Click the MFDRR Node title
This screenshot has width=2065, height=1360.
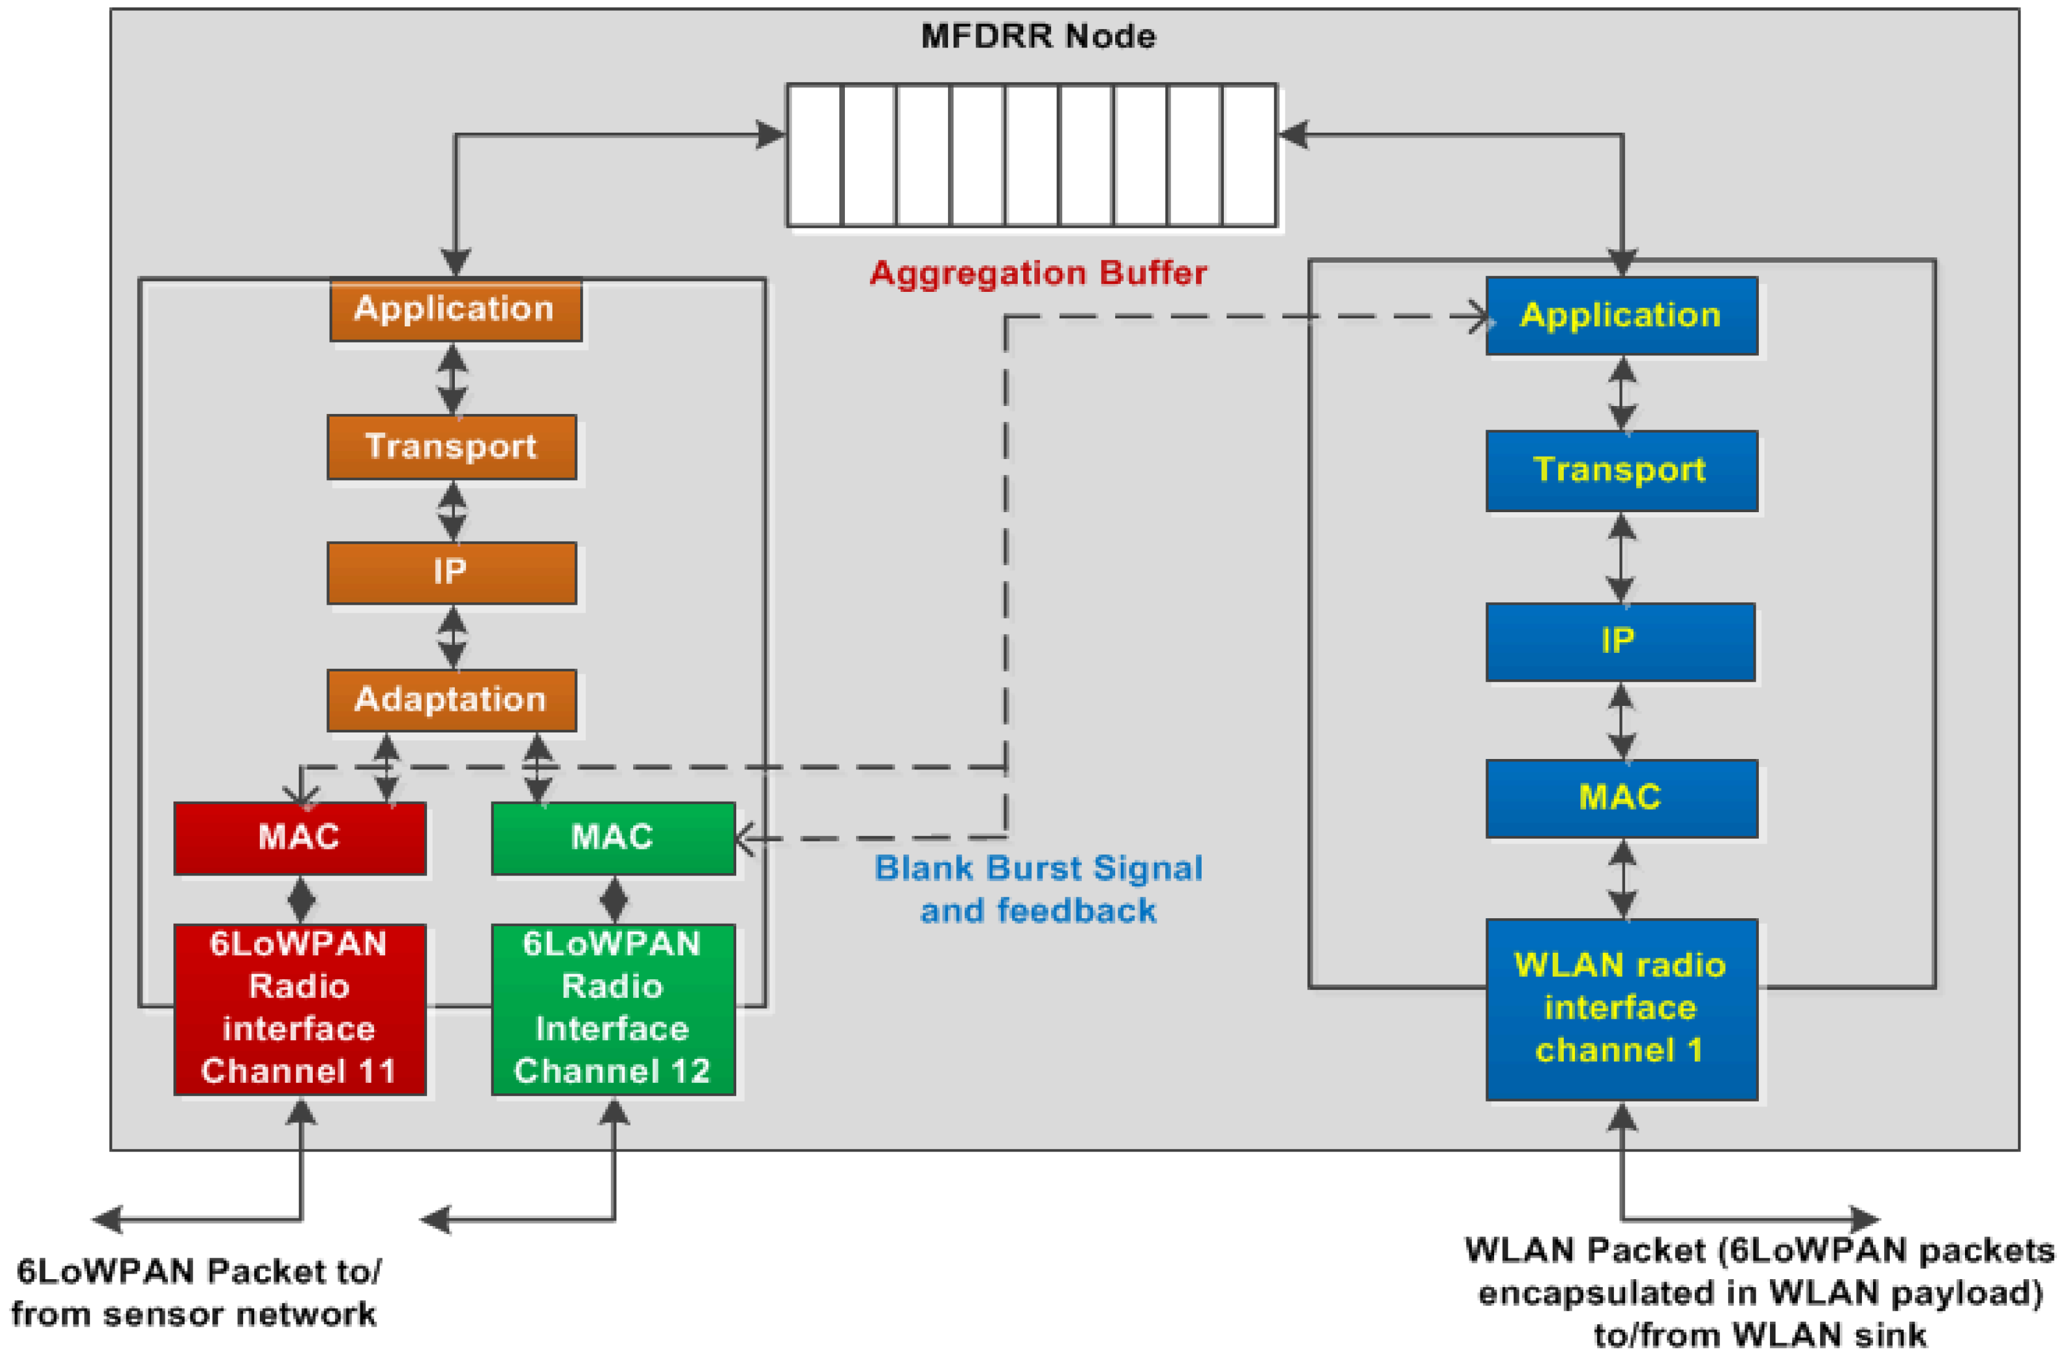(x=1037, y=36)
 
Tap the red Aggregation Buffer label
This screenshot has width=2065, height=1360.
(x=1037, y=273)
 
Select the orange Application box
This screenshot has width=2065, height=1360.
(x=455, y=310)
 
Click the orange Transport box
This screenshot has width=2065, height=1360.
(x=451, y=447)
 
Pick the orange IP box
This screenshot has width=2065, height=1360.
(x=451, y=573)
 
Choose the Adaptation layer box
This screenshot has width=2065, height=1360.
(x=451, y=700)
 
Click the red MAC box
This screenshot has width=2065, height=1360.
(x=299, y=838)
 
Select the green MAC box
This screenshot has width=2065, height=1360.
(x=613, y=838)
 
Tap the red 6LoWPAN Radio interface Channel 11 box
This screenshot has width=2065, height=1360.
(x=299, y=1009)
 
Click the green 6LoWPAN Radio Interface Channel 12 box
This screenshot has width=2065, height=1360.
(x=613, y=1009)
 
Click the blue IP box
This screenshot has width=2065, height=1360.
(x=1620, y=642)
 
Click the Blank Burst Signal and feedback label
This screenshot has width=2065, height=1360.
(x=1039, y=889)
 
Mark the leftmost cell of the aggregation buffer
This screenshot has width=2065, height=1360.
(x=814, y=155)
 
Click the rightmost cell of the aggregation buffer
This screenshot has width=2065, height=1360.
(x=1249, y=155)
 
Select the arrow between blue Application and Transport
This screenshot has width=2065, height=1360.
(x=1622, y=393)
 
